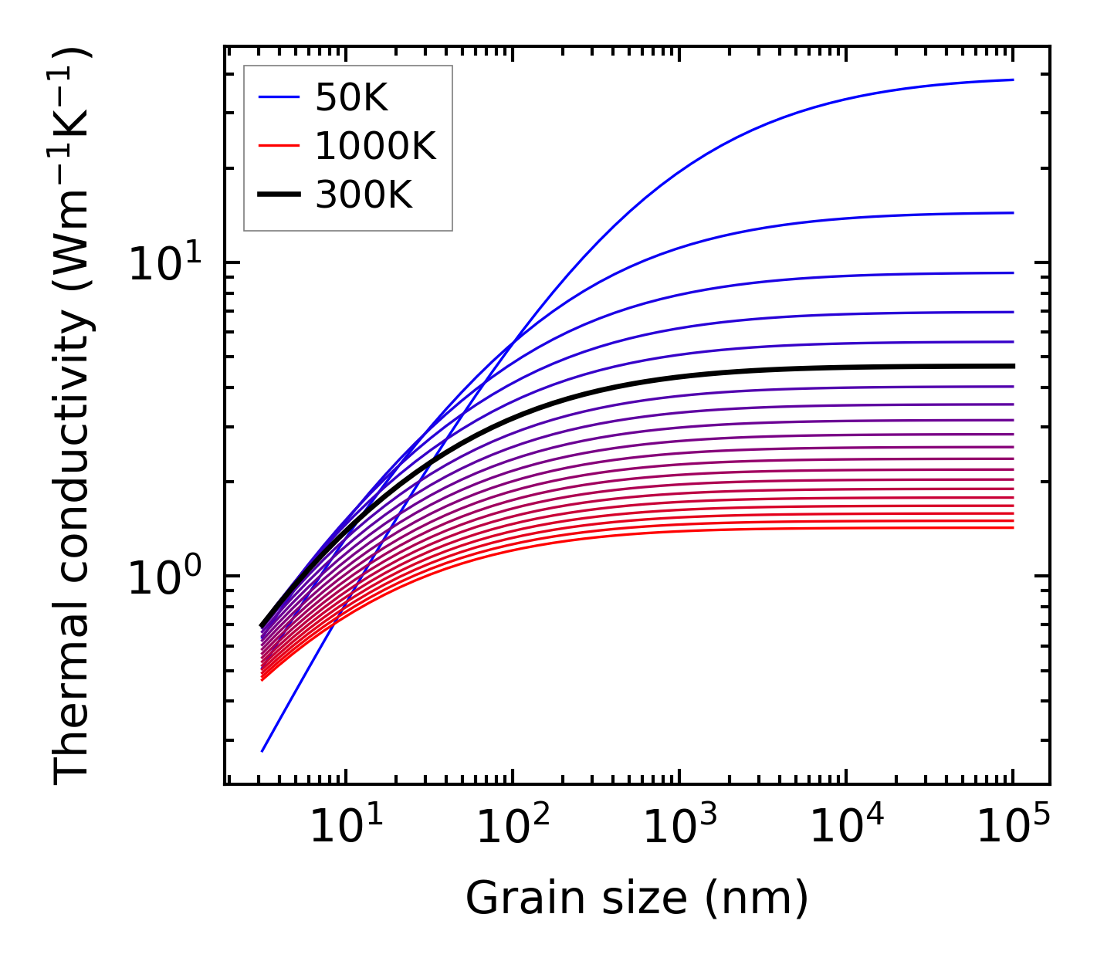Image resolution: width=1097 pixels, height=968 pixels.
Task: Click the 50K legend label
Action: pos(351,98)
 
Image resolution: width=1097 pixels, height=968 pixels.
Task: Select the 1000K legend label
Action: pos(375,147)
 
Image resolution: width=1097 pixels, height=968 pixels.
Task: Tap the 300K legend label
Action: pos(364,196)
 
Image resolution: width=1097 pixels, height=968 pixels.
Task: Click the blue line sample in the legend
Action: pos(278,97)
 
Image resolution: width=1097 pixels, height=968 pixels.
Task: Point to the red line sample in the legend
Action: pos(278,146)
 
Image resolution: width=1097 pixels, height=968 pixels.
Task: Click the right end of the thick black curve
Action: pos(1012,366)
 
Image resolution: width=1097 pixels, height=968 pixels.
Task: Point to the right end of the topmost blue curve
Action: pos(1012,80)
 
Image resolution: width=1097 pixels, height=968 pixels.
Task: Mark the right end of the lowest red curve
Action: pos(1012,527)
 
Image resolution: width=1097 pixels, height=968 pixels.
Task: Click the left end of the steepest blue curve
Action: pos(262,750)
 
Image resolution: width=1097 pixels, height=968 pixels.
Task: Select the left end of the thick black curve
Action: pos(262,625)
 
